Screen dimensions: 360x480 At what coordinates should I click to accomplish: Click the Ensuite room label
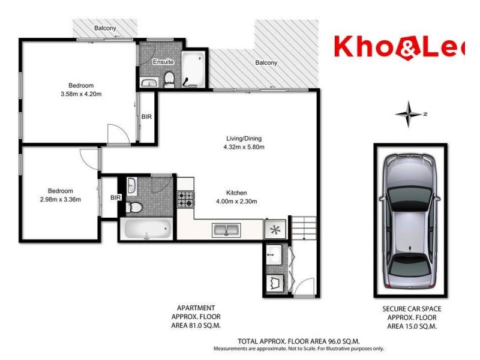click(x=164, y=62)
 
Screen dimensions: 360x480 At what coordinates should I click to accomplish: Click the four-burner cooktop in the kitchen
click(x=185, y=199)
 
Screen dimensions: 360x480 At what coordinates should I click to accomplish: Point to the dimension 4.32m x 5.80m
click(x=244, y=146)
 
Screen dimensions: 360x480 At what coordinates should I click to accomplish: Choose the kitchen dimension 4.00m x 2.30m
click(x=237, y=202)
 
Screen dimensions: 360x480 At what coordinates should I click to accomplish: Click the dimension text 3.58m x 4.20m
click(x=81, y=94)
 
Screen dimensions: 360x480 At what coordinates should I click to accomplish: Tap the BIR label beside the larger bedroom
click(x=146, y=118)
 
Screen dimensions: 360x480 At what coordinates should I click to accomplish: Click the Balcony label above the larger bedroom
click(x=105, y=29)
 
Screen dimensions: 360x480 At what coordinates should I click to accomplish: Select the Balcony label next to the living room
click(x=266, y=63)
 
